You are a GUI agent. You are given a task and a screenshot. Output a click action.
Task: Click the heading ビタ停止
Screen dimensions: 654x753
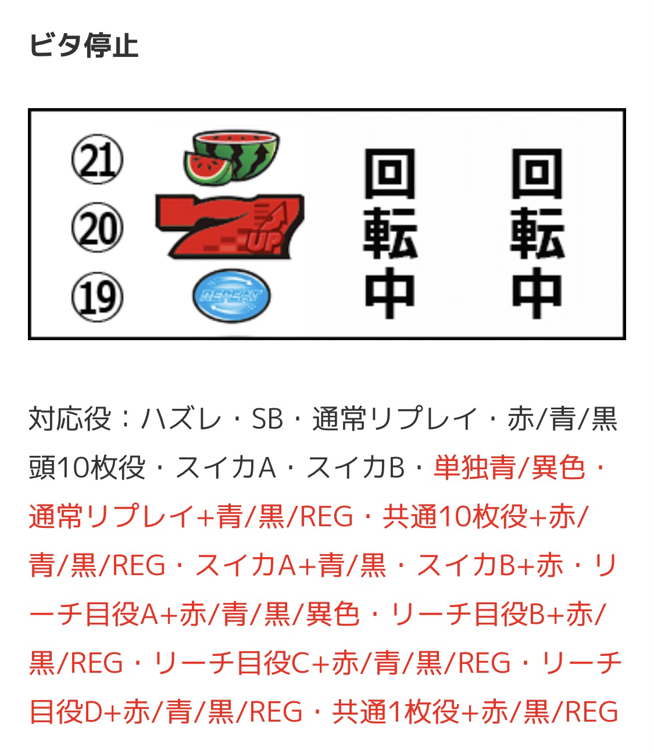click(84, 45)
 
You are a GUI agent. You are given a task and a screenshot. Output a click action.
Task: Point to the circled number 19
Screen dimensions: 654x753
click(97, 297)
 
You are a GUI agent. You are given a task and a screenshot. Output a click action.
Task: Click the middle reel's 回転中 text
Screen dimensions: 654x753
click(389, 233)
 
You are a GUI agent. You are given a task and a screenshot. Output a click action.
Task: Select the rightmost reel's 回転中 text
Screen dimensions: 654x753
click(537, 233)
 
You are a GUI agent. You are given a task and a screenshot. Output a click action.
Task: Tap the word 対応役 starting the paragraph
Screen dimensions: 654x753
click(70, 419)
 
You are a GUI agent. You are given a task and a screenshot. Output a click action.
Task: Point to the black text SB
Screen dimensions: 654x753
click(267, 419)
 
